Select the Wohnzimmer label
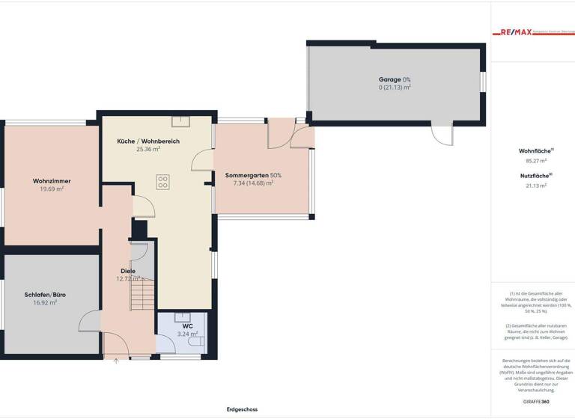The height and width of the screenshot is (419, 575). tap(52, 181)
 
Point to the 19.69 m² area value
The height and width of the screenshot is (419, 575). tap(52, 189)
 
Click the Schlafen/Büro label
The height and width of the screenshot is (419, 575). tap(46, 295)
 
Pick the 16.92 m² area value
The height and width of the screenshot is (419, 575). tap(46, 303)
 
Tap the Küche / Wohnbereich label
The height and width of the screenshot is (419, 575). tap(148, 141)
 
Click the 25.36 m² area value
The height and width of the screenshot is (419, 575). tap(148, 149)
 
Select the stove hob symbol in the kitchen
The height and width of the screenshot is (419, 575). tap(162, 181)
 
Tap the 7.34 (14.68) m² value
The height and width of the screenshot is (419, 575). tap(254, 183)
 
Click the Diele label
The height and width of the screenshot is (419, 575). tap(128, 271)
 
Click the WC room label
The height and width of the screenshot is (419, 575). tap(188, 326)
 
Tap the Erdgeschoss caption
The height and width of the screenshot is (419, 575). tap(242, 409)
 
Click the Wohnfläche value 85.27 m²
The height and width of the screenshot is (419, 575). tap(536, 160)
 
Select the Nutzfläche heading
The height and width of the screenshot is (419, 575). tap(535, 175)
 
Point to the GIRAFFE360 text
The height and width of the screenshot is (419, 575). tap(536, 402)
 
